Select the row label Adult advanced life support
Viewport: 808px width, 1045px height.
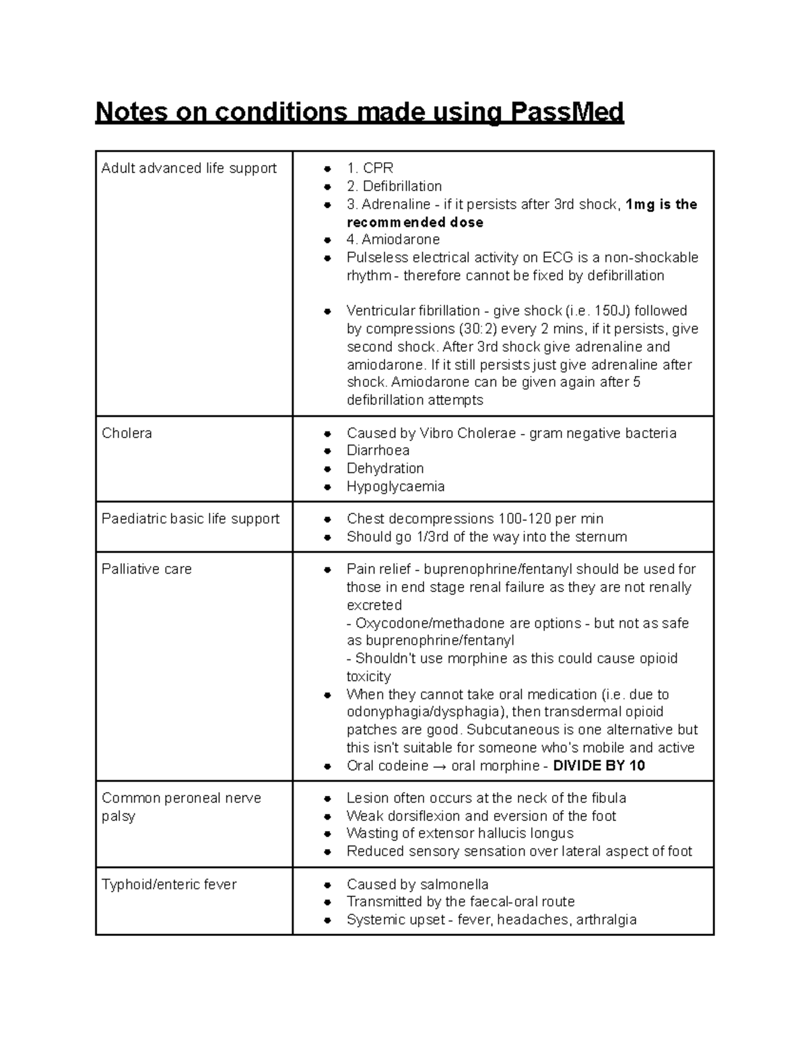pos(189,168)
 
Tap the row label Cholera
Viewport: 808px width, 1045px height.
pos(127,433)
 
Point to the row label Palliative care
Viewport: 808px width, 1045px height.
pos(146,569)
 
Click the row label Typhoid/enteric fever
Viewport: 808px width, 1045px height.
pos(169,884)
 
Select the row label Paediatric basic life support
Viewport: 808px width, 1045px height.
pos(191,519)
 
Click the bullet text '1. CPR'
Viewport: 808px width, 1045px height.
pos(370,168)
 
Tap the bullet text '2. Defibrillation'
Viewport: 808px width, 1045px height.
pos(394,186)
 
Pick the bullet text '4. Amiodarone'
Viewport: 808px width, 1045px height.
pos(393,240)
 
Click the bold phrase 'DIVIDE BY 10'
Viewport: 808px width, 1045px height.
pos(599,766)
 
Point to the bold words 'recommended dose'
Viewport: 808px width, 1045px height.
pos(415,222)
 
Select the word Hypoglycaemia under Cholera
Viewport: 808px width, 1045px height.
pos(395,487)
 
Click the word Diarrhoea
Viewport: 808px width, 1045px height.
pos(378,451)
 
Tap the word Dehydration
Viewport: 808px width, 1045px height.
pos(385,468)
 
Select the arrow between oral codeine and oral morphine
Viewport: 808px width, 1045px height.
pos(440,766)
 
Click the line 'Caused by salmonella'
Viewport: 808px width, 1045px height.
pos(417,884)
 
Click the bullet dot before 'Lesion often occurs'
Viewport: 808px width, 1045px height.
pos(327,799)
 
